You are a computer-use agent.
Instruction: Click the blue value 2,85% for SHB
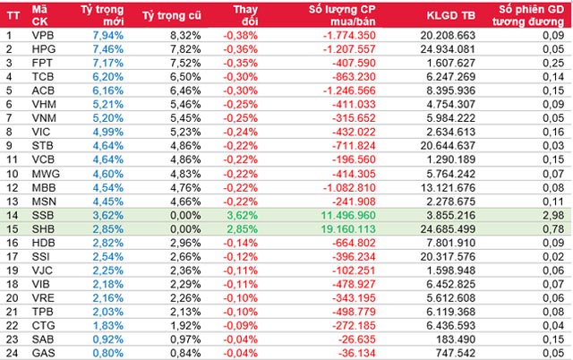pyautogui.click(x=103, y=231)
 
